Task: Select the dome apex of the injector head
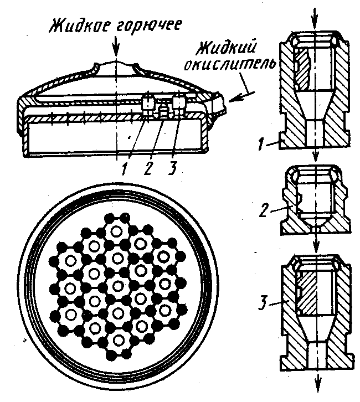[x=116, y=61]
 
